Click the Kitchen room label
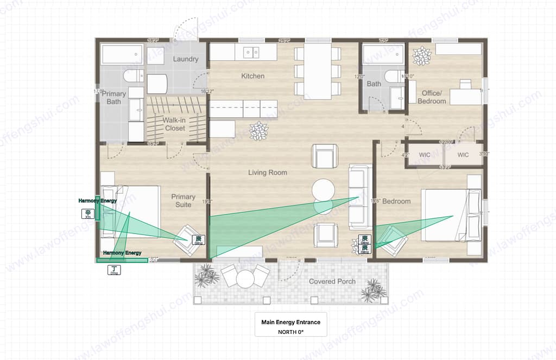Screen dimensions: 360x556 point(252,76)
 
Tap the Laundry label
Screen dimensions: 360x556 point(186,59)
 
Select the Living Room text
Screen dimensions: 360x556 point(268,173)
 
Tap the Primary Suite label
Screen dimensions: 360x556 point(183,200)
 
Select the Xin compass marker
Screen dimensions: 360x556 point(88,214)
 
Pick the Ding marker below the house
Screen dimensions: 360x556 point(114,270)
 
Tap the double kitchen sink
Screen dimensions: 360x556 point(251,52)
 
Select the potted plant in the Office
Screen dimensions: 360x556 point(421,55)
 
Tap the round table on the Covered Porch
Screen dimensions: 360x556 point(245,279)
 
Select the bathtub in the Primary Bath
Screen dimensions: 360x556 point(122,55)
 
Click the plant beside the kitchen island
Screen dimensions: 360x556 point(258,131)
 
